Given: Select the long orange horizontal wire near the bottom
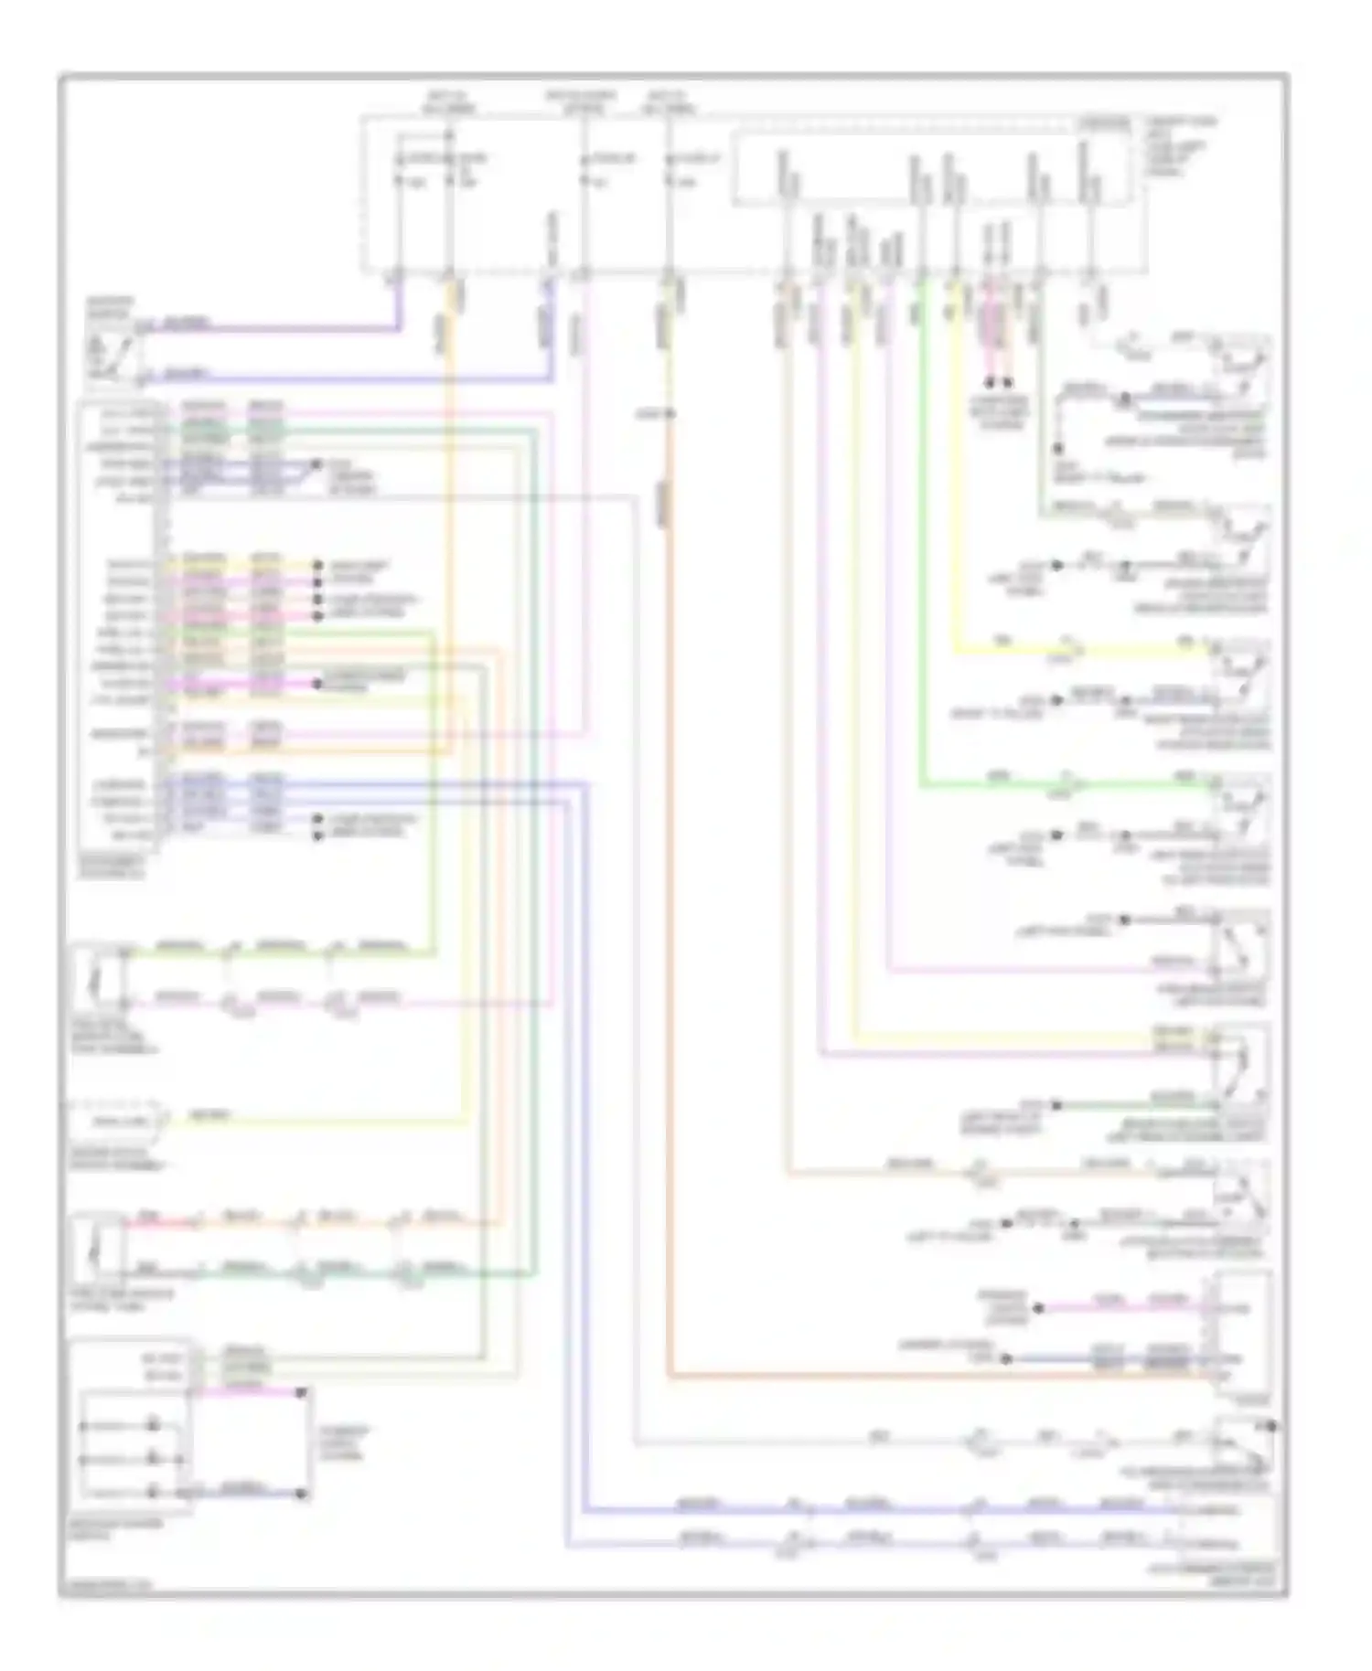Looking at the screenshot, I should (915, 1374).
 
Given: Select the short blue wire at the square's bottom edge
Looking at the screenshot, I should (247, 1494).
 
